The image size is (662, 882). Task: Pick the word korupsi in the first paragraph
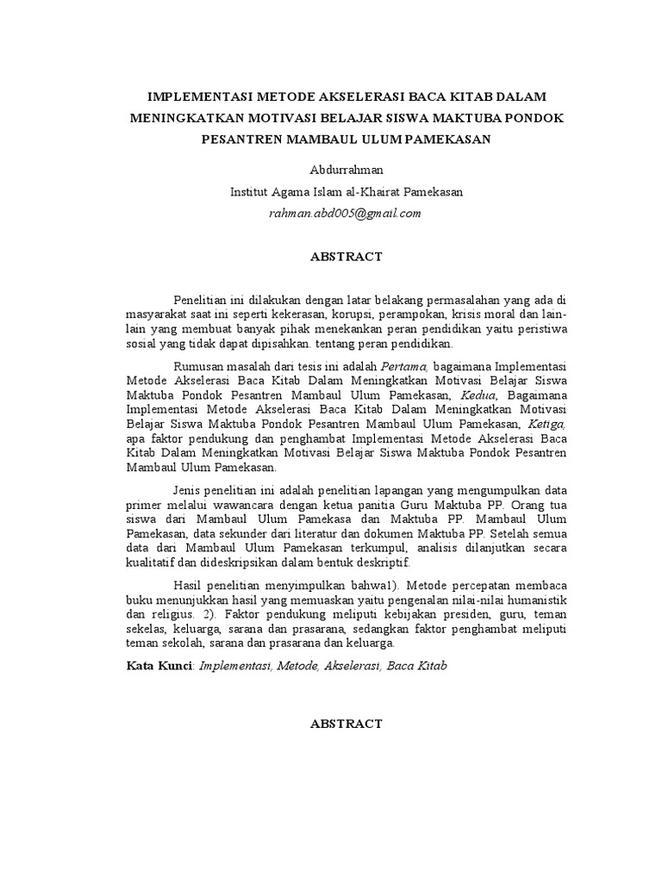click(x=354, y=314)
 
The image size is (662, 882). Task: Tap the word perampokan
click(x=415, y=314)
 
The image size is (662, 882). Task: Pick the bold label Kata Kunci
click(x=159, y=666)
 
